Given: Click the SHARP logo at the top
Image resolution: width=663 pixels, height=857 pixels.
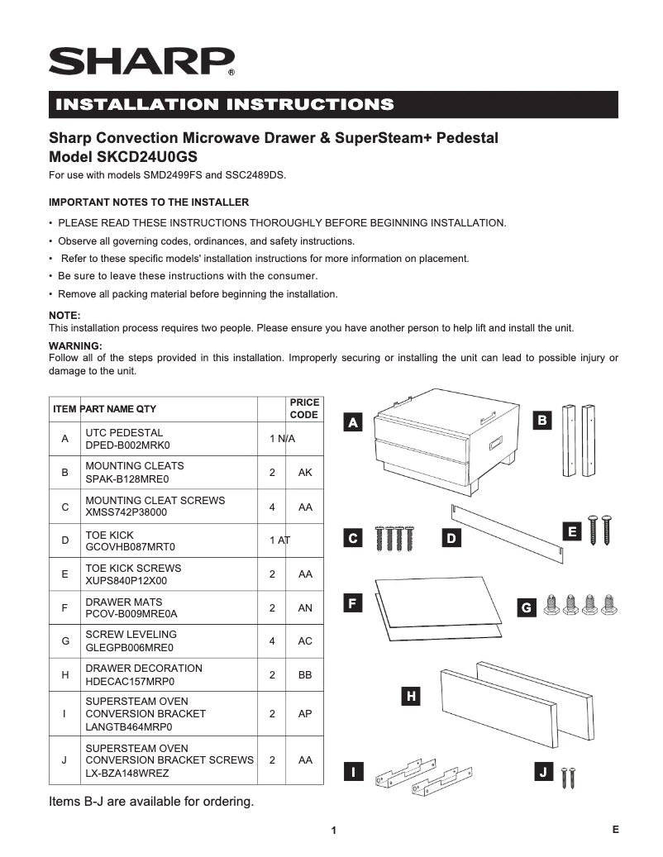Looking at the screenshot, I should click(141, 62).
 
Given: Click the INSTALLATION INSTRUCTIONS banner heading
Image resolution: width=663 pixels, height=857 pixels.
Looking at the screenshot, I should click(224, 104).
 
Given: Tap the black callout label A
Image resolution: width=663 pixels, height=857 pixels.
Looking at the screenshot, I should click(353, 423).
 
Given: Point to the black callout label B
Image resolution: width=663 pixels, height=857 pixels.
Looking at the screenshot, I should click(541, 421).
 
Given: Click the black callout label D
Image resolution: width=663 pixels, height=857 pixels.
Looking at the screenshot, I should click(451, 539).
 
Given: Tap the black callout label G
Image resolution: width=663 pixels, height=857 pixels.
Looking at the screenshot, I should click(526, 607).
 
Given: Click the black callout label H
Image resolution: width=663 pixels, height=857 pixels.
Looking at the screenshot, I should click(410, 697).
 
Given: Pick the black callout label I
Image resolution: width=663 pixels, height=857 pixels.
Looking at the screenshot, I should click(353, 773).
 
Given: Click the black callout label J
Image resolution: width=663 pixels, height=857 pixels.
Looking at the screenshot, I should click(542, 773).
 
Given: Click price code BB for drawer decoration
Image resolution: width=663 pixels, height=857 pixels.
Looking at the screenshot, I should click(305, 675).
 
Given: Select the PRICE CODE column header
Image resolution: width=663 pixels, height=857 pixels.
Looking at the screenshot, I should click(303, 408).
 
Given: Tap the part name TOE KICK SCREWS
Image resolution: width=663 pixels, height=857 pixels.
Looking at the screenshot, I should click(133, 569).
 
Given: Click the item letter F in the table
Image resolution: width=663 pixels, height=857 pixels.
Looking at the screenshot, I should click(64, 608).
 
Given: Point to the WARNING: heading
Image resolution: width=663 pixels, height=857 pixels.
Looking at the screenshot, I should click(75, 345).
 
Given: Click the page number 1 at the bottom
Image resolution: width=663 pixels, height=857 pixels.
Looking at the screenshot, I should click(332, 831).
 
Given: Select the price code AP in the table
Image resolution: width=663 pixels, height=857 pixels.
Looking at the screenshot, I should click(305, 714).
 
